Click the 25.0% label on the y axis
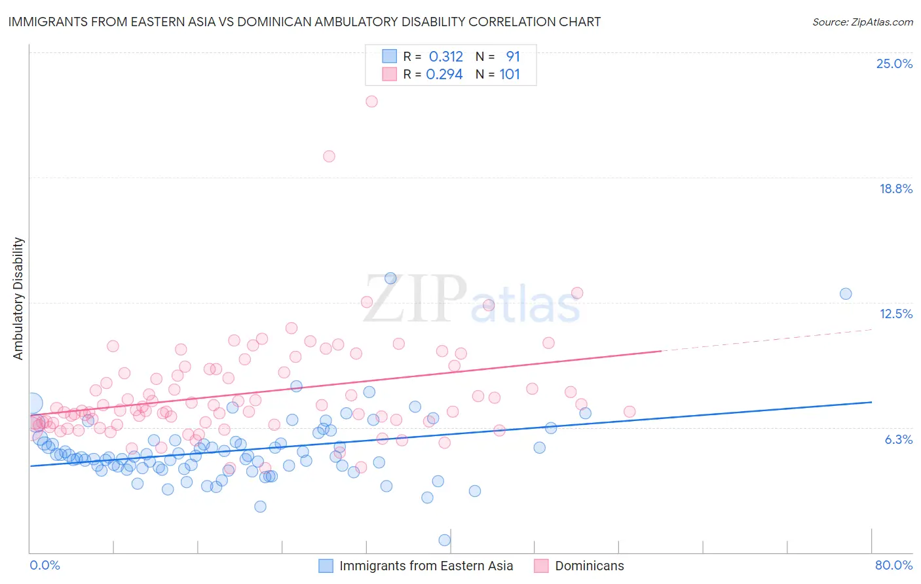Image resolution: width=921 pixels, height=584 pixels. coord(894,64)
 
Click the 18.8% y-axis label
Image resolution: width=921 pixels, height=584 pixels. coord(895,189)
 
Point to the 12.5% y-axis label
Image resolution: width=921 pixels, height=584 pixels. coord(895,314)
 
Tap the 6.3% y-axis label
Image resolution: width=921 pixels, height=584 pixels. coord(898,439)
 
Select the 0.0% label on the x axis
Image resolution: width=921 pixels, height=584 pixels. coord(45,565)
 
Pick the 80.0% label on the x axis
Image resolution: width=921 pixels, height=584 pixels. coord(893,565)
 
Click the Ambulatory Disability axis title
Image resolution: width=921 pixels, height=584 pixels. coord(18,299)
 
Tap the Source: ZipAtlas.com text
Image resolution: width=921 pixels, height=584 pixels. coord(862,22)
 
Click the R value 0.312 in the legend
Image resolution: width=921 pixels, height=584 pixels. coord(445,56)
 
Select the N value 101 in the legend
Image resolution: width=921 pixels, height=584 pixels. coord(510,74)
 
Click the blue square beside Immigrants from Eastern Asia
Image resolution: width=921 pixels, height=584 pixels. coord(326,566)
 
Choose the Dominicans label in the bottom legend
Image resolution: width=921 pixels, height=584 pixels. coord(589,566)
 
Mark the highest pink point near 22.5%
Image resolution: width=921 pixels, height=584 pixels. coord(371,101)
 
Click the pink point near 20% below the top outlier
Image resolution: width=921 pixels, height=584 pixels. coord(329,156)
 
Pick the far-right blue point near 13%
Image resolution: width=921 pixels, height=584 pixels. coord(846,293)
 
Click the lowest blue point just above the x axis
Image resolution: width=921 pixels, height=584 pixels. coord(444,540)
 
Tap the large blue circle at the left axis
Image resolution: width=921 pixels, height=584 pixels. coord(33,403)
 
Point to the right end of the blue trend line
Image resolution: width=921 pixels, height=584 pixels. coord(871,402)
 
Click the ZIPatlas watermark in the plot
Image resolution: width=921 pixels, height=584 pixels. coord(472,300)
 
